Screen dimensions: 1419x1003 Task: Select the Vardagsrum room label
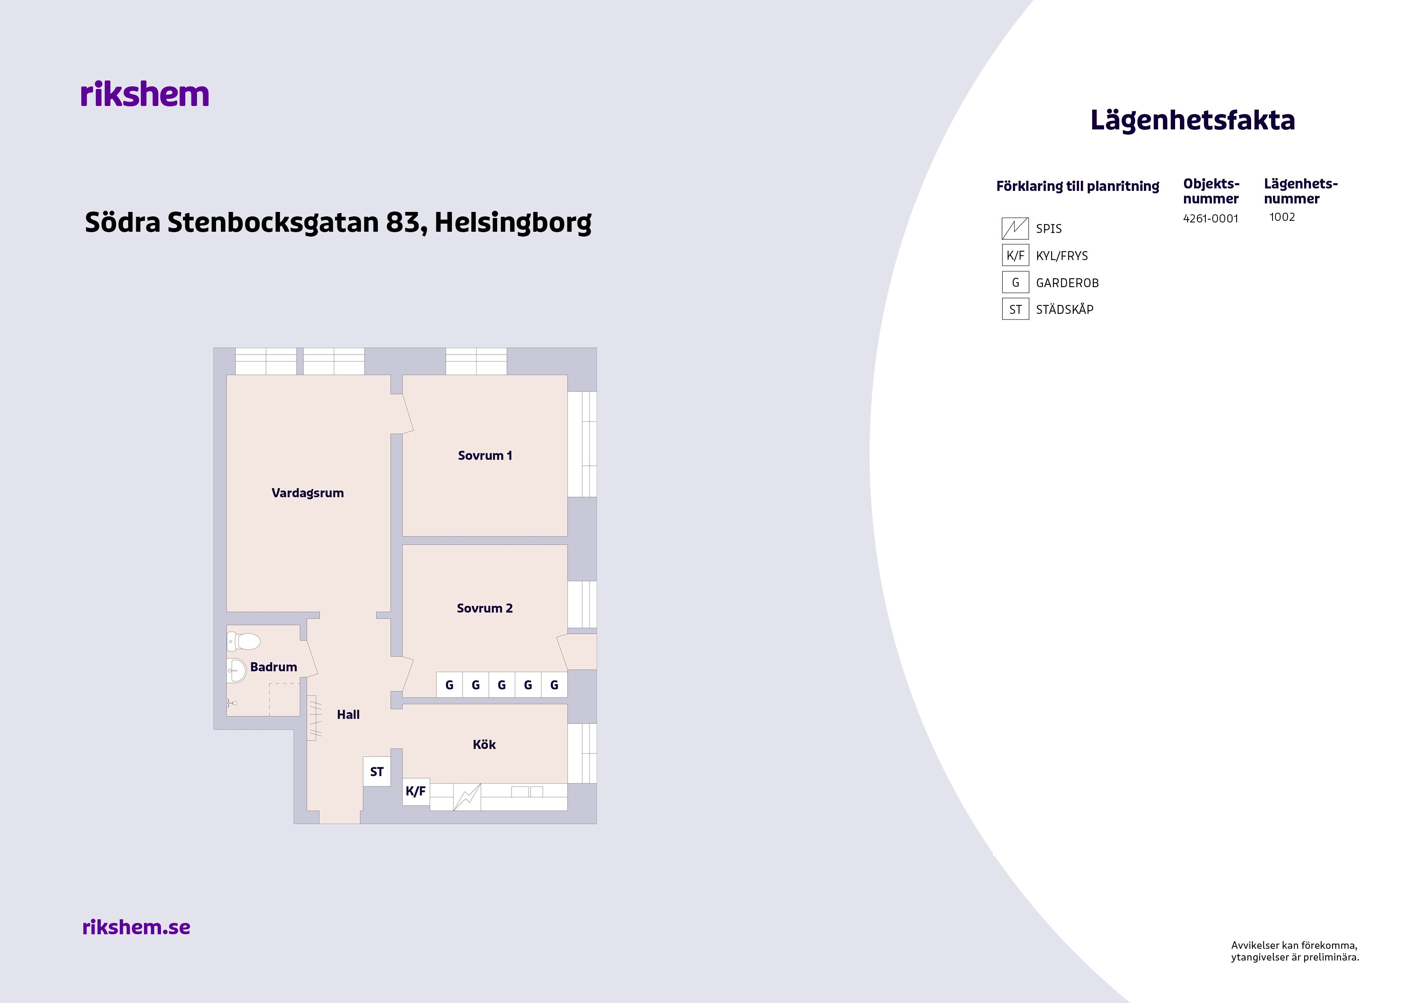pos(308,493)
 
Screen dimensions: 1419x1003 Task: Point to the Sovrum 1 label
pos(485,455)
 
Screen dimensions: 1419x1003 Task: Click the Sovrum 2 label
pos(485,608)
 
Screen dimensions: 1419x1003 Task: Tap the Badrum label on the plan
pos(274,667)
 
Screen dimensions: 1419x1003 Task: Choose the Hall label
pos(348,714)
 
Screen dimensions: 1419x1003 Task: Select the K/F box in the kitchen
pos(416,791)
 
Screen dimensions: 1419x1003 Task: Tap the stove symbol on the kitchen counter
pos(467,797)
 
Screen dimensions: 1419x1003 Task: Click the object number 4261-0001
pos(1210,219)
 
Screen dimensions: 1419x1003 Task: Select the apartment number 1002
pos(1282,217)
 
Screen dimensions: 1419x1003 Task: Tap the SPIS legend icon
pos(1015,229)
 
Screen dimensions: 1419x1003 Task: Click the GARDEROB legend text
pos(1067,283)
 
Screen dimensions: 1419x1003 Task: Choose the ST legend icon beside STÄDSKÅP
pos(1015,309)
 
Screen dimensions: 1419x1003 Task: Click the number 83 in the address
pos(403,222)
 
